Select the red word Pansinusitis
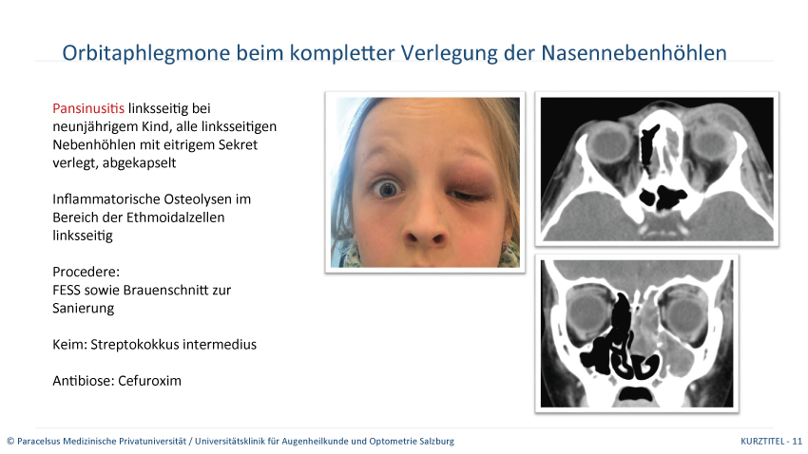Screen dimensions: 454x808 88,108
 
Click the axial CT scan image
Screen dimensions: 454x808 656,168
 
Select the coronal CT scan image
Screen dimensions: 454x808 638,331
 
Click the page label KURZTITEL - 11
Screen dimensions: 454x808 771,442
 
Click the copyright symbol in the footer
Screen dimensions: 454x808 10,442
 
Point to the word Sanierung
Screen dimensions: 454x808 84,308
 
